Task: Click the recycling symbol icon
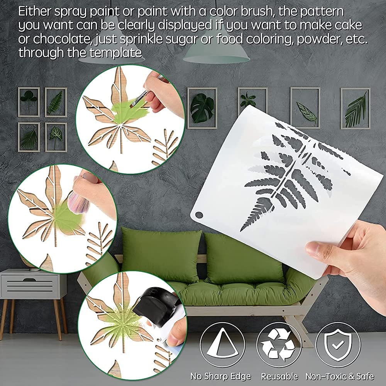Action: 279,344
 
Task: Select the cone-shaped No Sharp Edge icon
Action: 222,344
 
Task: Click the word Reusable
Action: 279,376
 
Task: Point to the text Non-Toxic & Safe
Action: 340,376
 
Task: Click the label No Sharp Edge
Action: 221,376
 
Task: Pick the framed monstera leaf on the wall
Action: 202,108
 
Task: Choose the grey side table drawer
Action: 30,286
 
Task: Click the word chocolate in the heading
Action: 59,39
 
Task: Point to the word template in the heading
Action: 115,52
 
